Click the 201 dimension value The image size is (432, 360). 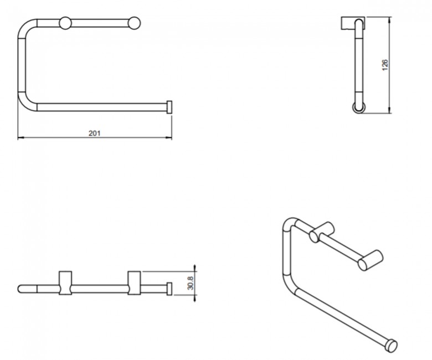95,133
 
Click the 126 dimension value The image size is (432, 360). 385,65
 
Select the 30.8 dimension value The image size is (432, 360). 191,283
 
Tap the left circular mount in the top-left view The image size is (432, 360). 65,23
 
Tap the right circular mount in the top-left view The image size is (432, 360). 134,23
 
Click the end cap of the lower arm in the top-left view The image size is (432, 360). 169,107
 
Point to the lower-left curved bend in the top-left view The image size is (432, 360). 27,102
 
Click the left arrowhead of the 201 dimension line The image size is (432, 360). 20,137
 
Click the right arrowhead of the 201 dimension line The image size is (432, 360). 169,137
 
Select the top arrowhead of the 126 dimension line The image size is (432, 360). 389,19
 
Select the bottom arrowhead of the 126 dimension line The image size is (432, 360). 389,110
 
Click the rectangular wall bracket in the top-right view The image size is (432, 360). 353,23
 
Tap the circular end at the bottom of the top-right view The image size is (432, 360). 359,107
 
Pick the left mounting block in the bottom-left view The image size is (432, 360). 65,283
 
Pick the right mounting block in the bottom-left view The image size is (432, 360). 134,283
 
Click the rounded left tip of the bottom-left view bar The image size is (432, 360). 20,289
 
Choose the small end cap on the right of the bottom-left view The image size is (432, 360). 169,289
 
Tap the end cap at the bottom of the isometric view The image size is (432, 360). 392,346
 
